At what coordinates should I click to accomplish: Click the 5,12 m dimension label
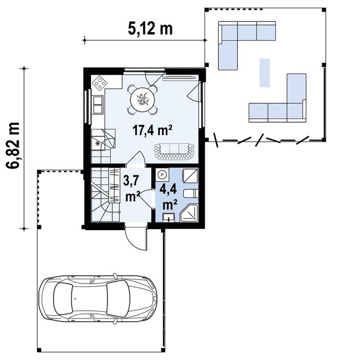(149, 29)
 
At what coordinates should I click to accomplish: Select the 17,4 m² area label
(153, 130)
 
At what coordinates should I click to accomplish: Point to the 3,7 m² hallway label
(132, 187)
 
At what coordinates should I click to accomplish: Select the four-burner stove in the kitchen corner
(100, 82)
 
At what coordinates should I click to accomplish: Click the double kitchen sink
(98, 104)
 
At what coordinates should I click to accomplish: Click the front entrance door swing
(135, 238)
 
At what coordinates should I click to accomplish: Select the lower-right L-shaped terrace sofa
(284, 104)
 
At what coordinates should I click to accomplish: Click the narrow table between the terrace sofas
(265, 73)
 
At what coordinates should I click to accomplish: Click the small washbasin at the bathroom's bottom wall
(169, 219)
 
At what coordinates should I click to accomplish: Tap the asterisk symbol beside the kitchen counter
(98, 143)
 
